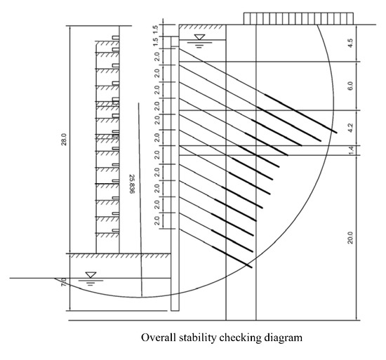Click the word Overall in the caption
click(158, 338)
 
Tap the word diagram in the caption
click(284, 338)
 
